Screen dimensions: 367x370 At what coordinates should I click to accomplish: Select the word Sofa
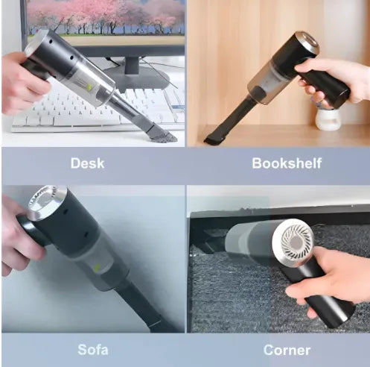click(93, 349)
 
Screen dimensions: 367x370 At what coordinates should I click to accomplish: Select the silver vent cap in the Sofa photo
click(47, 202)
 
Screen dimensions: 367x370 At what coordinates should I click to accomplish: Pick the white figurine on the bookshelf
click(328, 115)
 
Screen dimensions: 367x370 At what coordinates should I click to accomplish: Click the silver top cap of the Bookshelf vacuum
click(306, 43)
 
